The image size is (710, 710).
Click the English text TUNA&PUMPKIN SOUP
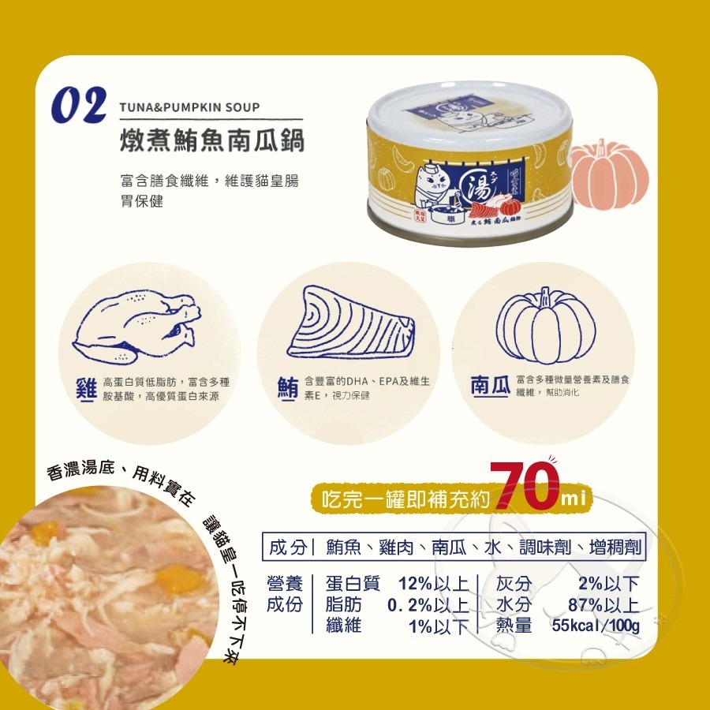(x=189, y=107)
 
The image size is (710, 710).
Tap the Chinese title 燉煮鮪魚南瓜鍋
(x=211, y=141)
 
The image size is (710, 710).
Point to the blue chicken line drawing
(x=135, y=324)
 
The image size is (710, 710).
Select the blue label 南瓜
(x=489, y=386)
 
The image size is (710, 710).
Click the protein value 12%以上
(x=433, y=585)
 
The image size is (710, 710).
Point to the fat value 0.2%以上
(x=428, y=606)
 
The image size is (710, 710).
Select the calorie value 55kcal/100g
(x=596, y=626)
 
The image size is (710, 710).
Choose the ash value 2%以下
(x=608, y=585)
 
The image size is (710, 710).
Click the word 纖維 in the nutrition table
(x=343, y=627)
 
